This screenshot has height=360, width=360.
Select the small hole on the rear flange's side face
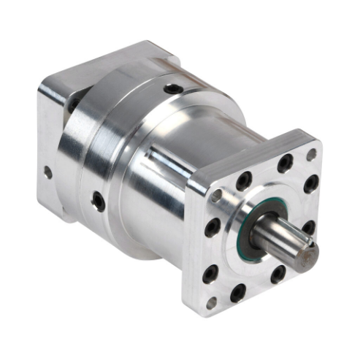[x=47, y=173]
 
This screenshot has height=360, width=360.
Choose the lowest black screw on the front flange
[x=238, y=295]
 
